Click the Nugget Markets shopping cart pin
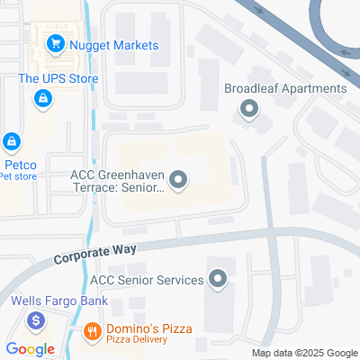pos(56,42)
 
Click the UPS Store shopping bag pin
pos(41,97)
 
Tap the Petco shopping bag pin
pos(12,141)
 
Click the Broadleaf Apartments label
pos(285,88)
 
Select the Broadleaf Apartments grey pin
pos(247,110)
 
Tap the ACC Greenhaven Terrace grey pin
pos(178,181)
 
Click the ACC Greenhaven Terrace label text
pos(117,182)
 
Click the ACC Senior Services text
pos(153,280)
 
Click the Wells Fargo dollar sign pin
pos(36,319)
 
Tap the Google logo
pos(30,349)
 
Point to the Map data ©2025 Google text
pos(304,353)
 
